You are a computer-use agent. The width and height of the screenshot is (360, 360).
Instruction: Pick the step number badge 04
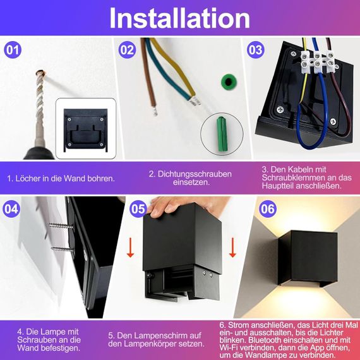[12, 208]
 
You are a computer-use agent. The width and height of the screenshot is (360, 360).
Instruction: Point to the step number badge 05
[139, 208]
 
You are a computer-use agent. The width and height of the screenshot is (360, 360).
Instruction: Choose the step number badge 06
[268, 208]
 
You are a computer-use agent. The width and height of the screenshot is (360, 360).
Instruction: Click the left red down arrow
[130, 247]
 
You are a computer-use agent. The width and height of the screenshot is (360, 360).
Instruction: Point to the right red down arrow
[232, 247]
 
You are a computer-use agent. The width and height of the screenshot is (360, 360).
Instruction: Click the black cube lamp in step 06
[307, 259]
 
